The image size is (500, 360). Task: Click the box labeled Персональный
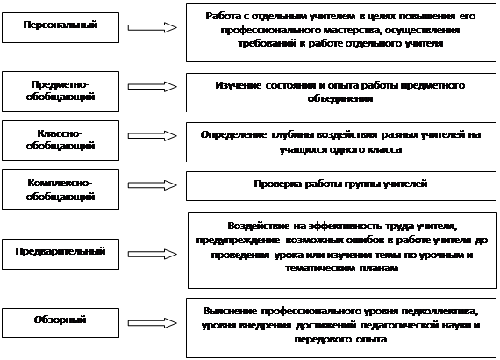pyautogui.click(x=61, y=28)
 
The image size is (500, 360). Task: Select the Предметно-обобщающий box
pyautogui.click(x=61, y=91)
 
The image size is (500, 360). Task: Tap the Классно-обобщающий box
pyautogui.click(x=61, y=140)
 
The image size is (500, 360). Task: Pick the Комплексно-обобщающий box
pyautogui.click(x=61, y=190)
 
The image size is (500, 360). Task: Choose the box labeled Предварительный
pyautogui.click(x=61, y=254)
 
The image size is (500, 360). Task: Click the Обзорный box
pyautogui.click(x=61, y=323)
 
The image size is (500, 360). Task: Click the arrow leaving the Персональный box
pyautogui.click(x=152, y=28)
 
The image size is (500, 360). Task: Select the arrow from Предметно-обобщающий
pyautogui.click(x=152, y=87)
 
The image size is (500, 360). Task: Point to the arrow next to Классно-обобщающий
pyautogui.click(x=152, y=135)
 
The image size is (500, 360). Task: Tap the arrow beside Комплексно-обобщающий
pyautogui.click(x=152, y=184)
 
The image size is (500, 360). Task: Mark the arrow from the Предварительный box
pyautogui.click(x=152, y=254)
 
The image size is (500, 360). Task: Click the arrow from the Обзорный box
pyautogui.click(x=152, y=323)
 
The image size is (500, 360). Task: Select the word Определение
pyautogui.click(x=233, y=135)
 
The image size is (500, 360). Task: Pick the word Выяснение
pyautogui.click(x=230, y=311)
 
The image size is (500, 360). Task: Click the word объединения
pyautogui.click(x=340, y=98)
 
